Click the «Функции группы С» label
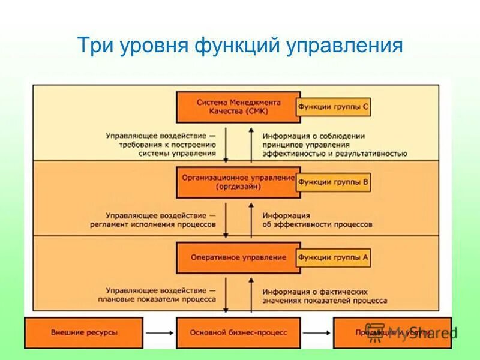333,107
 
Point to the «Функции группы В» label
333,182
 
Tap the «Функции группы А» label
333,257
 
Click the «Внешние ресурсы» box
84,332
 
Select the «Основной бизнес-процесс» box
238,332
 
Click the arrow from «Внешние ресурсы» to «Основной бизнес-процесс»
159,332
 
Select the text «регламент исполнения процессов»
160,224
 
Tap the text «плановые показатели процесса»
160,298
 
